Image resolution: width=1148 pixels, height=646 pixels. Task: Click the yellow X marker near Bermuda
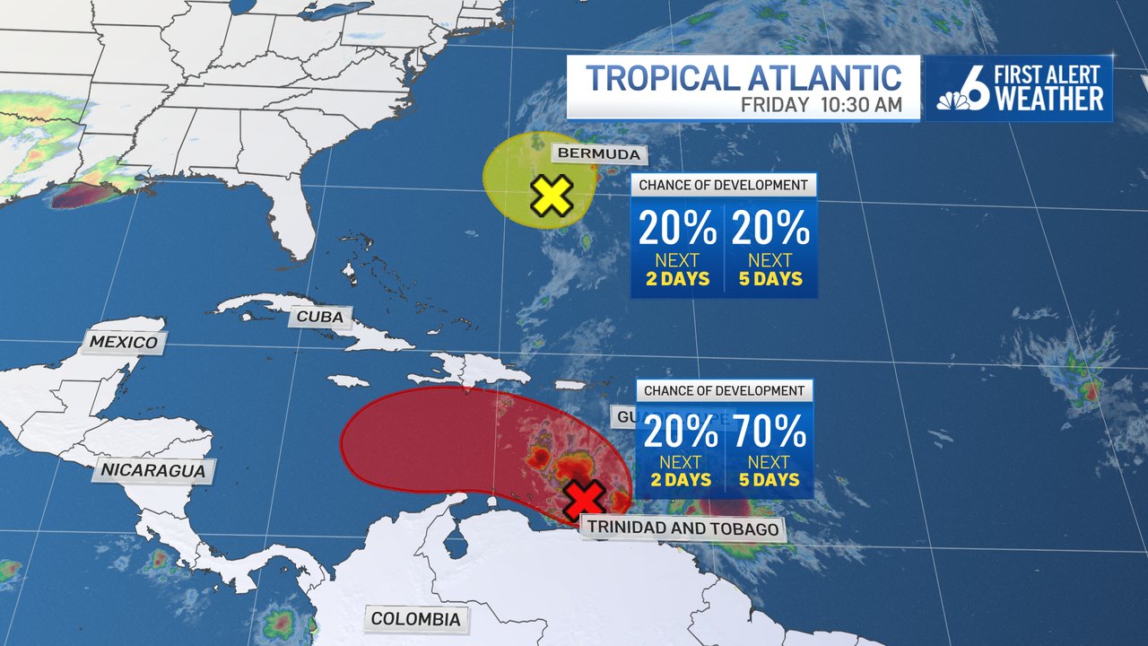[x=552, y=196]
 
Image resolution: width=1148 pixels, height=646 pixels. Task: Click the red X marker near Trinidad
[x=585, y=500]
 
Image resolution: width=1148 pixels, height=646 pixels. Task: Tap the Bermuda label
[x=599, y=153]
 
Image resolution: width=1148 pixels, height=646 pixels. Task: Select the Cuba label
[x=320, y=316]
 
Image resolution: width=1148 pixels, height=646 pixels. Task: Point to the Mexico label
[x=124, y=342]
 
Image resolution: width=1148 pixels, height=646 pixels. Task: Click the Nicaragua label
[x=153, y=469]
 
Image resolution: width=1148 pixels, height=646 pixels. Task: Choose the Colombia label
[x=415, y=618]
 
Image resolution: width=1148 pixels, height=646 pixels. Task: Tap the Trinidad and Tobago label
[x=682, y=528]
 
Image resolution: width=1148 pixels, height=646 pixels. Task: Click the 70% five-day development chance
[x=770, y=433]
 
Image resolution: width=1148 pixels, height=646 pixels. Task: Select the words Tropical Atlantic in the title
[x=744, y=78]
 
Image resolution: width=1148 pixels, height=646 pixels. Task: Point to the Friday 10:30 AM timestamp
[x=821, y=104]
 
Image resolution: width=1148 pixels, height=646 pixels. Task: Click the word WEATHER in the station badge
[x=1049, y=100]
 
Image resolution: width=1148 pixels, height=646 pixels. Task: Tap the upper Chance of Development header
[x=724, y=186]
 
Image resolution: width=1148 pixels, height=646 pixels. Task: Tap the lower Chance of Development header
[x=724, y=390]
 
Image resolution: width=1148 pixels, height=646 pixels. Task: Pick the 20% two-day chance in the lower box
[x=680, y=433]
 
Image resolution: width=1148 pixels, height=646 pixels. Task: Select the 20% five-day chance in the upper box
[x=770, y=230]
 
